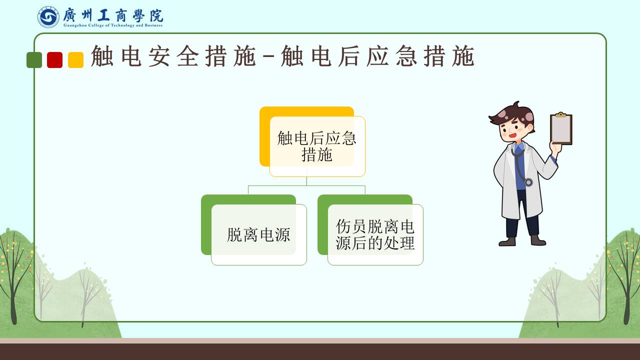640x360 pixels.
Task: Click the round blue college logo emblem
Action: pos(48,17)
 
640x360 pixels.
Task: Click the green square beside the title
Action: pos(34,60)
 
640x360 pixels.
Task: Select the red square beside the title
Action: pos(55,60)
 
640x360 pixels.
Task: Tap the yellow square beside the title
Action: pos(75,60)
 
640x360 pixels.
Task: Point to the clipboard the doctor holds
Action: pos(561,129)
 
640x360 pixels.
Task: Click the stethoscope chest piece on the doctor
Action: pos(528,182)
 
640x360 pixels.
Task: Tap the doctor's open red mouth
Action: pos(513,135)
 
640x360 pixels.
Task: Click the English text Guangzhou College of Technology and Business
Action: pos(113,25)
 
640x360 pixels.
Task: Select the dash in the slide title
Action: pos(268,57)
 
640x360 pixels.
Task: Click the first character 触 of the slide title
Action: pos(102,56)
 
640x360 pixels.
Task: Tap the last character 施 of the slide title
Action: pos(463,56)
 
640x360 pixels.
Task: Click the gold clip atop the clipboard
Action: pos(561,114)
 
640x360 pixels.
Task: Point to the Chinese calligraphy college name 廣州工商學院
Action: pos(113,15)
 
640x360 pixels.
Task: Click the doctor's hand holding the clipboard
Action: pos(555,149)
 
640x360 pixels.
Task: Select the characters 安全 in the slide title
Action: pos(173,56)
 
